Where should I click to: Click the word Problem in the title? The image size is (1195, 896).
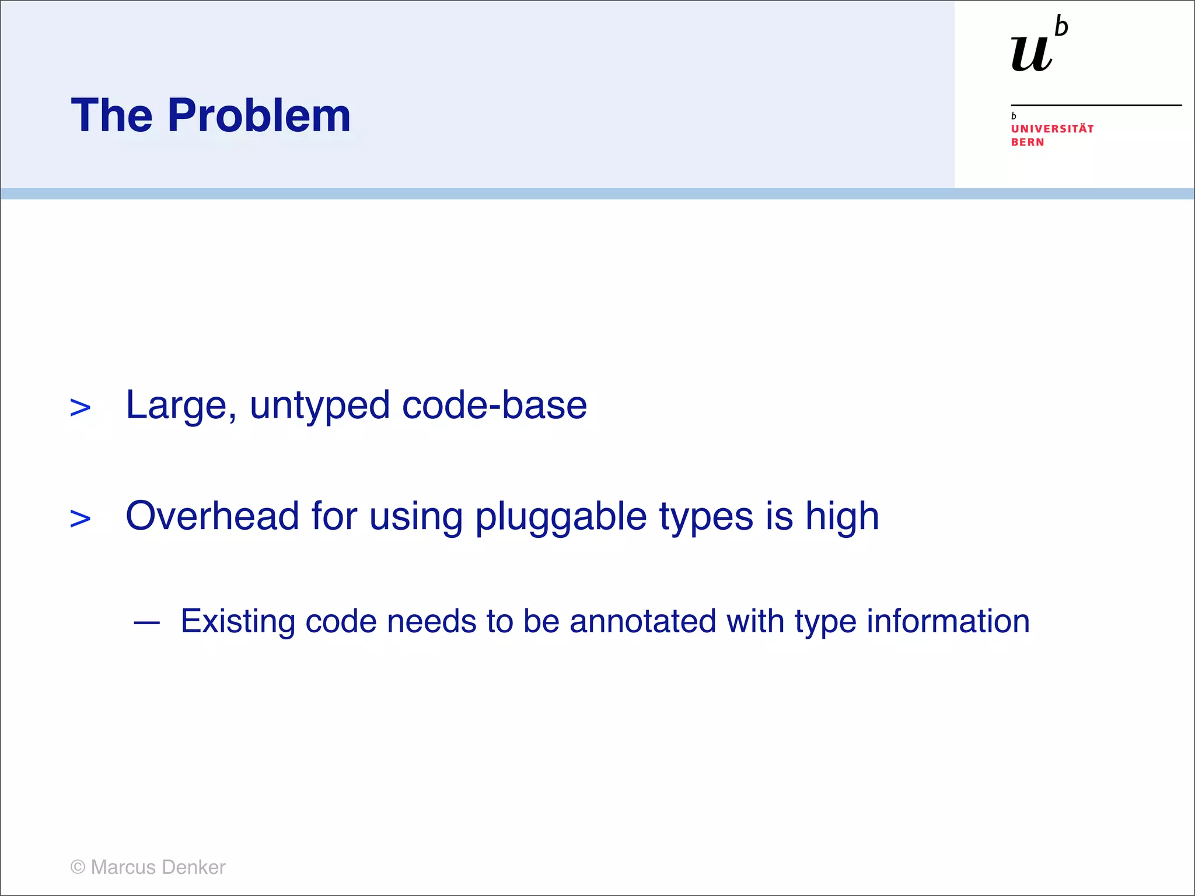(259, 116)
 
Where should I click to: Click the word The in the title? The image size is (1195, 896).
(111, 116)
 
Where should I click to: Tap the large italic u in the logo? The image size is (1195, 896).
(1031, 54)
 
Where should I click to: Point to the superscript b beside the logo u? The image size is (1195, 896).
(1061, 27)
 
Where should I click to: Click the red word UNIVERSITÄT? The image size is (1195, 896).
(1052, 129)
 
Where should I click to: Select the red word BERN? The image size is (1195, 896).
(1028, 142)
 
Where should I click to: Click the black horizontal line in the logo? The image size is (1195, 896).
(1096, 106)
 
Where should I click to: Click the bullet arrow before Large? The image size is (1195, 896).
(80, 408)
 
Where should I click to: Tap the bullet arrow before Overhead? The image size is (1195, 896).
(80, 519)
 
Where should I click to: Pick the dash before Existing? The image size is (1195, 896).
(146, 623)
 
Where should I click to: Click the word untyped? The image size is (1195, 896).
(320, 406)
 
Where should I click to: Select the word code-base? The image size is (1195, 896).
(494, 405)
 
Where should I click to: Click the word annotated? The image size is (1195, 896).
(642, 621)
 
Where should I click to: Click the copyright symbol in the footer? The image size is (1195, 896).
(78, 867)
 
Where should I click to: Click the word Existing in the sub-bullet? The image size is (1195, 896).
(237, 622)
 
